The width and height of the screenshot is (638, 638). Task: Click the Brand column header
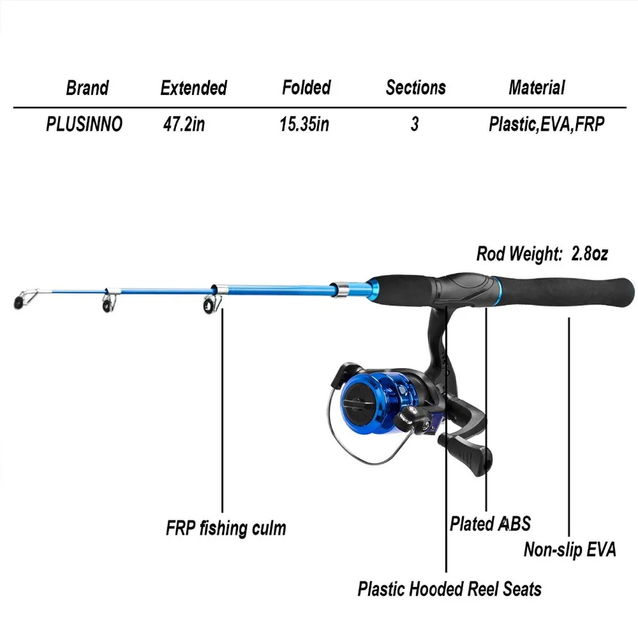click(87, 88)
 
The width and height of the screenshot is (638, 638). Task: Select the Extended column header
click(193, 88)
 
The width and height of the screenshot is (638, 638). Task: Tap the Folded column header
click(306, 88)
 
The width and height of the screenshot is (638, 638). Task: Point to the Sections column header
click(415, 88)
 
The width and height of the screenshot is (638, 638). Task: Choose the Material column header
click(536, 88)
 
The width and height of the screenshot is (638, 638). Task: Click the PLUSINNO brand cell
click(84, 124)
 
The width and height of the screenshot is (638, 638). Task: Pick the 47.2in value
click(183, 124)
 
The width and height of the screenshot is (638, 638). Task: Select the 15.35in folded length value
click(304, 124)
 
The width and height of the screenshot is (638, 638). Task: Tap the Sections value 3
click(415, 124)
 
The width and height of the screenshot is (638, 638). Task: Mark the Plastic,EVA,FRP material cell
click(547, 124)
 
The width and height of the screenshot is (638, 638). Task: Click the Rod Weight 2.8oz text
click(542, 253)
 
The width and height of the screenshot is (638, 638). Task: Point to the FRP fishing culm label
click(225, 529)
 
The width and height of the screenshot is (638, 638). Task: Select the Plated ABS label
click(490, 524)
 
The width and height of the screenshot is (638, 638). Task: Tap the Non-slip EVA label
click(570, 550)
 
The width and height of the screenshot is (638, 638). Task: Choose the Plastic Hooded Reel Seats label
click(449, 589)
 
